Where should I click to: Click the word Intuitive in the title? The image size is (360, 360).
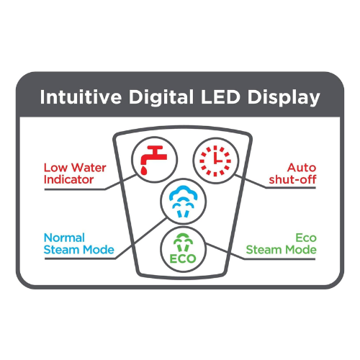point(81,97)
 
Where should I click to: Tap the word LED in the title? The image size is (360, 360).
point(220,97)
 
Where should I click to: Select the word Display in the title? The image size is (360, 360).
point(284,98)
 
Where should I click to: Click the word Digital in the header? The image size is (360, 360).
point(161,98)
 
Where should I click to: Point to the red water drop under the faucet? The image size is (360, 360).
point(144,171)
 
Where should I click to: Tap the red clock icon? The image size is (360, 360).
point(215,161)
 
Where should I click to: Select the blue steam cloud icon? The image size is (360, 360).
point(184,201)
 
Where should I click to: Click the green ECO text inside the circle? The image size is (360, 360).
point(183,258)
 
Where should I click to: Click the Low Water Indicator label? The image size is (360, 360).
point(75,174)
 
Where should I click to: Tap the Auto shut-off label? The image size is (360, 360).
point(292,174)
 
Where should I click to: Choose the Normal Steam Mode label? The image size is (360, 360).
point(79,244)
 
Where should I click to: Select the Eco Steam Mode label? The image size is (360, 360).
point(281,244)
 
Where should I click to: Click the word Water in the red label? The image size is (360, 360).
point(89,168)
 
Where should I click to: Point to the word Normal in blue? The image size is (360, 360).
point(64,238)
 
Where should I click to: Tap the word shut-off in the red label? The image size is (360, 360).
point(292,179)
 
